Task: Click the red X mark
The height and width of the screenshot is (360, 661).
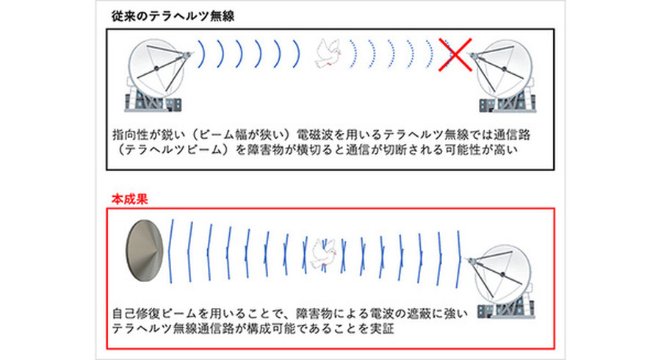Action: click(455, 55)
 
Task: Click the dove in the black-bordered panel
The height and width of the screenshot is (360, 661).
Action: click(328, 53)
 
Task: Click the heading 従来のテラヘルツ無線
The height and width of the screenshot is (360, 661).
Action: click(173, 16)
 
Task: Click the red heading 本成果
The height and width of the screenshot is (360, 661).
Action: click(130, 199)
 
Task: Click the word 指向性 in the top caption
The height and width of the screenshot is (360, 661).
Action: click(130, 134)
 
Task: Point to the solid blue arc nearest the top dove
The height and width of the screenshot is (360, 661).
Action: click(297, 54)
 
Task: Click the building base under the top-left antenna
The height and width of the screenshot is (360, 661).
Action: click(153, 101)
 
